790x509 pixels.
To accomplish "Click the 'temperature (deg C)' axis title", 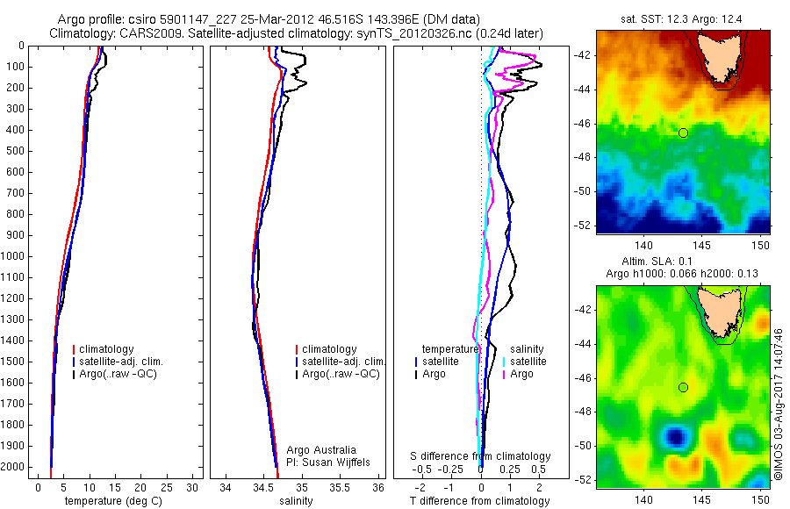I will pos(114,501).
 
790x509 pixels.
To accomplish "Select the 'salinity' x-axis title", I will pos(296,501).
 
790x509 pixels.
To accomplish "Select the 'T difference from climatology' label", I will pos(479,501).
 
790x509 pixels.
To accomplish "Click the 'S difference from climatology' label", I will pos(481,456).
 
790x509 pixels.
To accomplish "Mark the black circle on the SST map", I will pos(683,133).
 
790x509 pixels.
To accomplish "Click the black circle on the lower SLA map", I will pos(683,387).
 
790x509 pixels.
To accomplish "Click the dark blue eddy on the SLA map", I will pos(675,435).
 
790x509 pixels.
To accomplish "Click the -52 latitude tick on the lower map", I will pos(584,479).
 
